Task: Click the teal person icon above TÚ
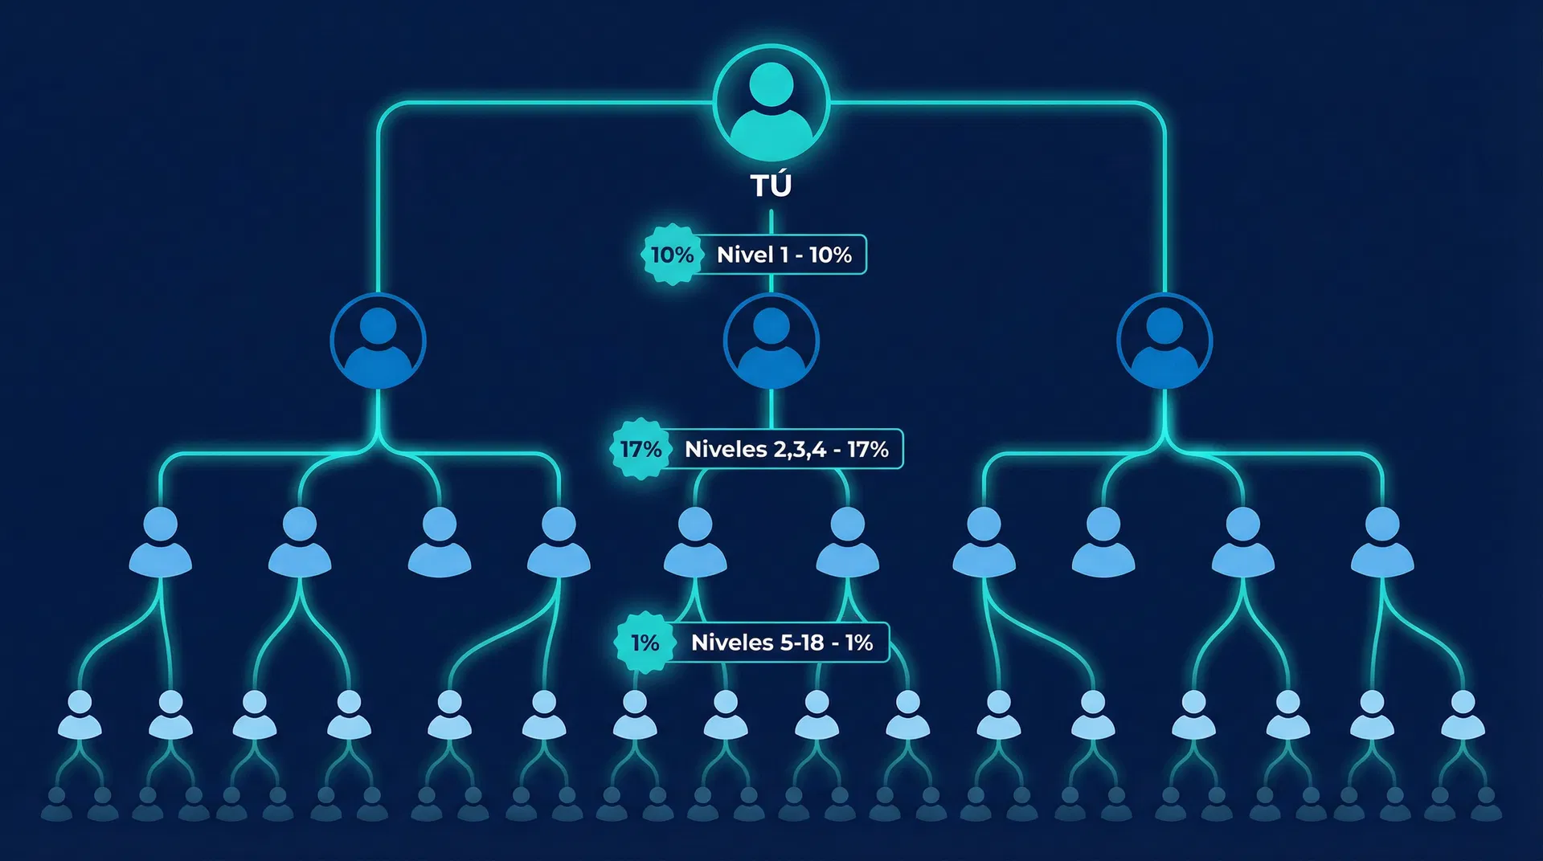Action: (x=771, y=103)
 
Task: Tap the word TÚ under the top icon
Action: (x=771, y=186)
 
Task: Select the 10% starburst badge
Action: (x=672, y=255)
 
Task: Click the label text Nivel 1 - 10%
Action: (x=784, y=255)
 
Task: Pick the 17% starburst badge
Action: (x=641, y=449)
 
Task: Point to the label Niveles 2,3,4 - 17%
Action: (x=786, y=449)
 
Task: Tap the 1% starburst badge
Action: (x=645, y=643)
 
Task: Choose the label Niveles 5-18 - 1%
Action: (x=781, y=643)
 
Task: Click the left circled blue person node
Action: (x=378, y=341)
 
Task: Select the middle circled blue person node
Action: (x=771, y=341)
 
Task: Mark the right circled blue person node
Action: (x=1164, y=341)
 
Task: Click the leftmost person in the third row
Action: (x=161, y=542)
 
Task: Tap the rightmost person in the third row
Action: (x=1382, y=542)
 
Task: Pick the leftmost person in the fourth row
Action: (x=80, y=715)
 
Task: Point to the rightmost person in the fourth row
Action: (x=1463, y=715)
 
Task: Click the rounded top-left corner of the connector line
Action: (x=384, y=109)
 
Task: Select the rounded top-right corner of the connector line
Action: (x=1158, y=109)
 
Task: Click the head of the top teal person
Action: (x=771, y=84)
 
